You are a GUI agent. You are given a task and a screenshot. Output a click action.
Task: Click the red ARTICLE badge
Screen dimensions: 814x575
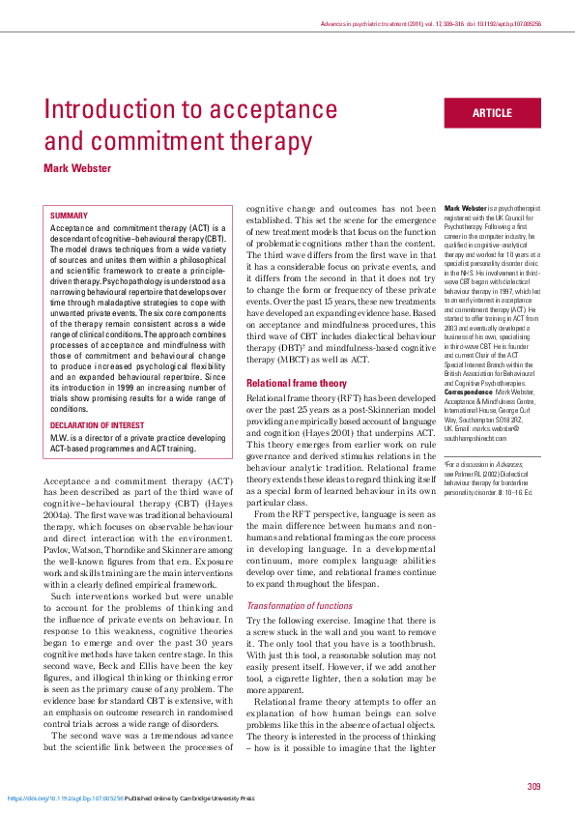[492, 113]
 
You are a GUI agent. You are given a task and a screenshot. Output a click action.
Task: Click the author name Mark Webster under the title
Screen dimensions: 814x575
[77, 168]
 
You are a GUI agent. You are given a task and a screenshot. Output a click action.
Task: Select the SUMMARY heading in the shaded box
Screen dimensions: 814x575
[69, 216]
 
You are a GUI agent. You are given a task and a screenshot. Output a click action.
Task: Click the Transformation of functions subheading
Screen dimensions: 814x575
[301, 606]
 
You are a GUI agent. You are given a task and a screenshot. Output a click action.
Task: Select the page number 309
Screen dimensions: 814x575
[533, 785]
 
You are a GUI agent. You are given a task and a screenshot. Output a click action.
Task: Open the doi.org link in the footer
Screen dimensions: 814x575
[66, 799]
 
